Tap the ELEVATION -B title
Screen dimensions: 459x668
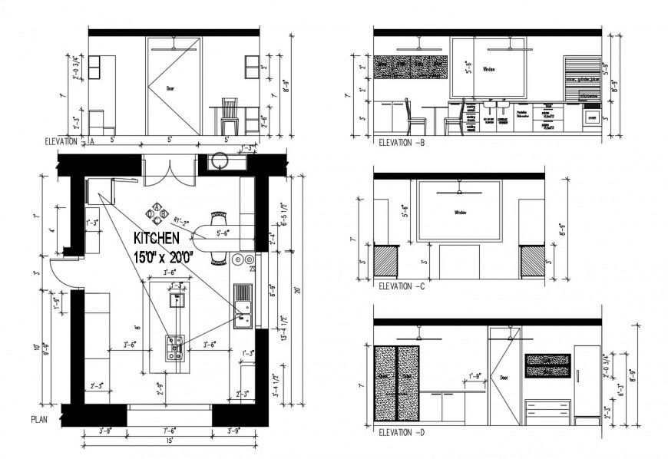(402, 143)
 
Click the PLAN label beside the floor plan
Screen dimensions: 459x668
(41, 420)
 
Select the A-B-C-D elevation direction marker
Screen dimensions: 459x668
(157, 212)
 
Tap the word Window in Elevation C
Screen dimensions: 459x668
(460, 213)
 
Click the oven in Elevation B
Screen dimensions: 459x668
(591, 117)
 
